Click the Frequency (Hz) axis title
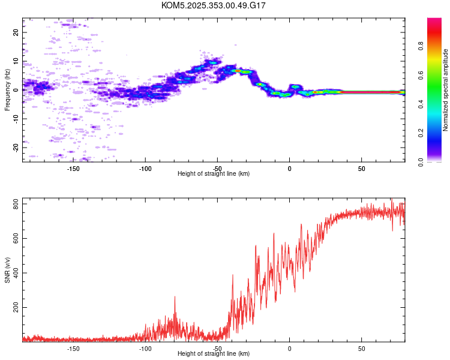click(7, 90)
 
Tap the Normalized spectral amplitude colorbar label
click(446, 90)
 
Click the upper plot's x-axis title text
click(214, 173)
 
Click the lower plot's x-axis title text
click(214, 353)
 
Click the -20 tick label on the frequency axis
click(16, 147)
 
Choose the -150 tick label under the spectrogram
click(73, 169)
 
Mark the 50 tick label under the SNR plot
click(362, 349)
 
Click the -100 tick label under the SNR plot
click(145, 349)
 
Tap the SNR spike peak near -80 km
click(175, 296)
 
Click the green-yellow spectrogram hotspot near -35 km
click(239, 71)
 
